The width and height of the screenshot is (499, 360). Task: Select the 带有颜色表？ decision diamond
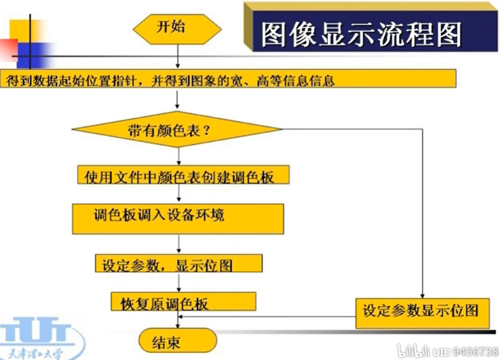[177, 130]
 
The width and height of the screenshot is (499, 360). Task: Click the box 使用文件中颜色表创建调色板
[182, 177]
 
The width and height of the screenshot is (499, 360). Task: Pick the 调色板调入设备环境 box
[178, 216]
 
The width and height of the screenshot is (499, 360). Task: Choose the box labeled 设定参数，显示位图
[178, 265]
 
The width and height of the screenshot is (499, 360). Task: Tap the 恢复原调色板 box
[183, 302]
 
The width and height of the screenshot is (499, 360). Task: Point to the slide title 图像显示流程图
[361, 34]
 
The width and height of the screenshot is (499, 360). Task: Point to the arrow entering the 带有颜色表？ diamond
[177, 100]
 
